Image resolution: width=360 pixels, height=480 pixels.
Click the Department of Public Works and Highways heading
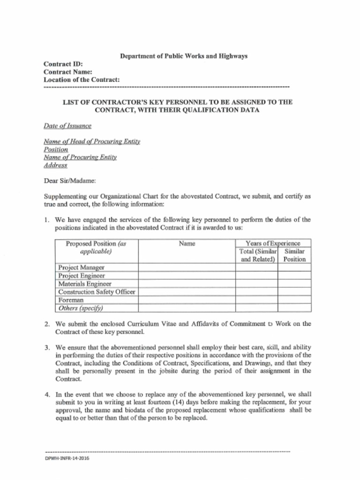(184, 56)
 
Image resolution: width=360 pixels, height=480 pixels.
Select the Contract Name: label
(67, 72)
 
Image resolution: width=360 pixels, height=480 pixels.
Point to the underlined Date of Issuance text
(67, 126)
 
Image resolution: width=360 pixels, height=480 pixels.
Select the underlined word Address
(55, 165)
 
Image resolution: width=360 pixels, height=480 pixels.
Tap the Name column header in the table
(187, 244)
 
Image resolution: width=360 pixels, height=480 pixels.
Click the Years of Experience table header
(273, 243)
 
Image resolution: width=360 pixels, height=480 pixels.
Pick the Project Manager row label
(81, 268)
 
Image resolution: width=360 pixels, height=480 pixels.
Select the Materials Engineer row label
(85, 284)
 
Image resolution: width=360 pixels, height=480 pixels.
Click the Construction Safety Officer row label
(97, 292)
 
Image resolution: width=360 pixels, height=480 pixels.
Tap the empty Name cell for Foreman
(187, 300)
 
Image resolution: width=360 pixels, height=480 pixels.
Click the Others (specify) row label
(80, 308)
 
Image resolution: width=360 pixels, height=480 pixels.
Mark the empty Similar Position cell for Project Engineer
(294, 276)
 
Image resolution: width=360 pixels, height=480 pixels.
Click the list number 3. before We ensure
(47, 348)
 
